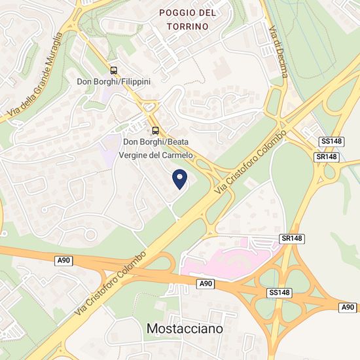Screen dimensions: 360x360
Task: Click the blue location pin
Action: [179, 178]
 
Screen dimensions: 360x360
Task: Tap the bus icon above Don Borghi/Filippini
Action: [114, 70]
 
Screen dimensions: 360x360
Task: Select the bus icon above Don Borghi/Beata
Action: [155, 130]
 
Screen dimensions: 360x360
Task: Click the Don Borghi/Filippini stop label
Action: [114, 81]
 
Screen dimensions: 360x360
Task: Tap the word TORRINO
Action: [187, 26]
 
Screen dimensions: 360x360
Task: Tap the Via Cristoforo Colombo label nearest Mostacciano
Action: [109, 276]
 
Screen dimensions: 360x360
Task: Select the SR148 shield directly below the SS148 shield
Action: [326, 157]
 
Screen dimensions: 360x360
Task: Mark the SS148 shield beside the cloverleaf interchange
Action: [279, 292]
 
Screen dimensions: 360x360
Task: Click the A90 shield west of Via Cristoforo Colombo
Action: [63, 261]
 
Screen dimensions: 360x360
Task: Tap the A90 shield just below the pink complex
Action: [206, 283]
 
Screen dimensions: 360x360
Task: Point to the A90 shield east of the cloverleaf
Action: [348, 308]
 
